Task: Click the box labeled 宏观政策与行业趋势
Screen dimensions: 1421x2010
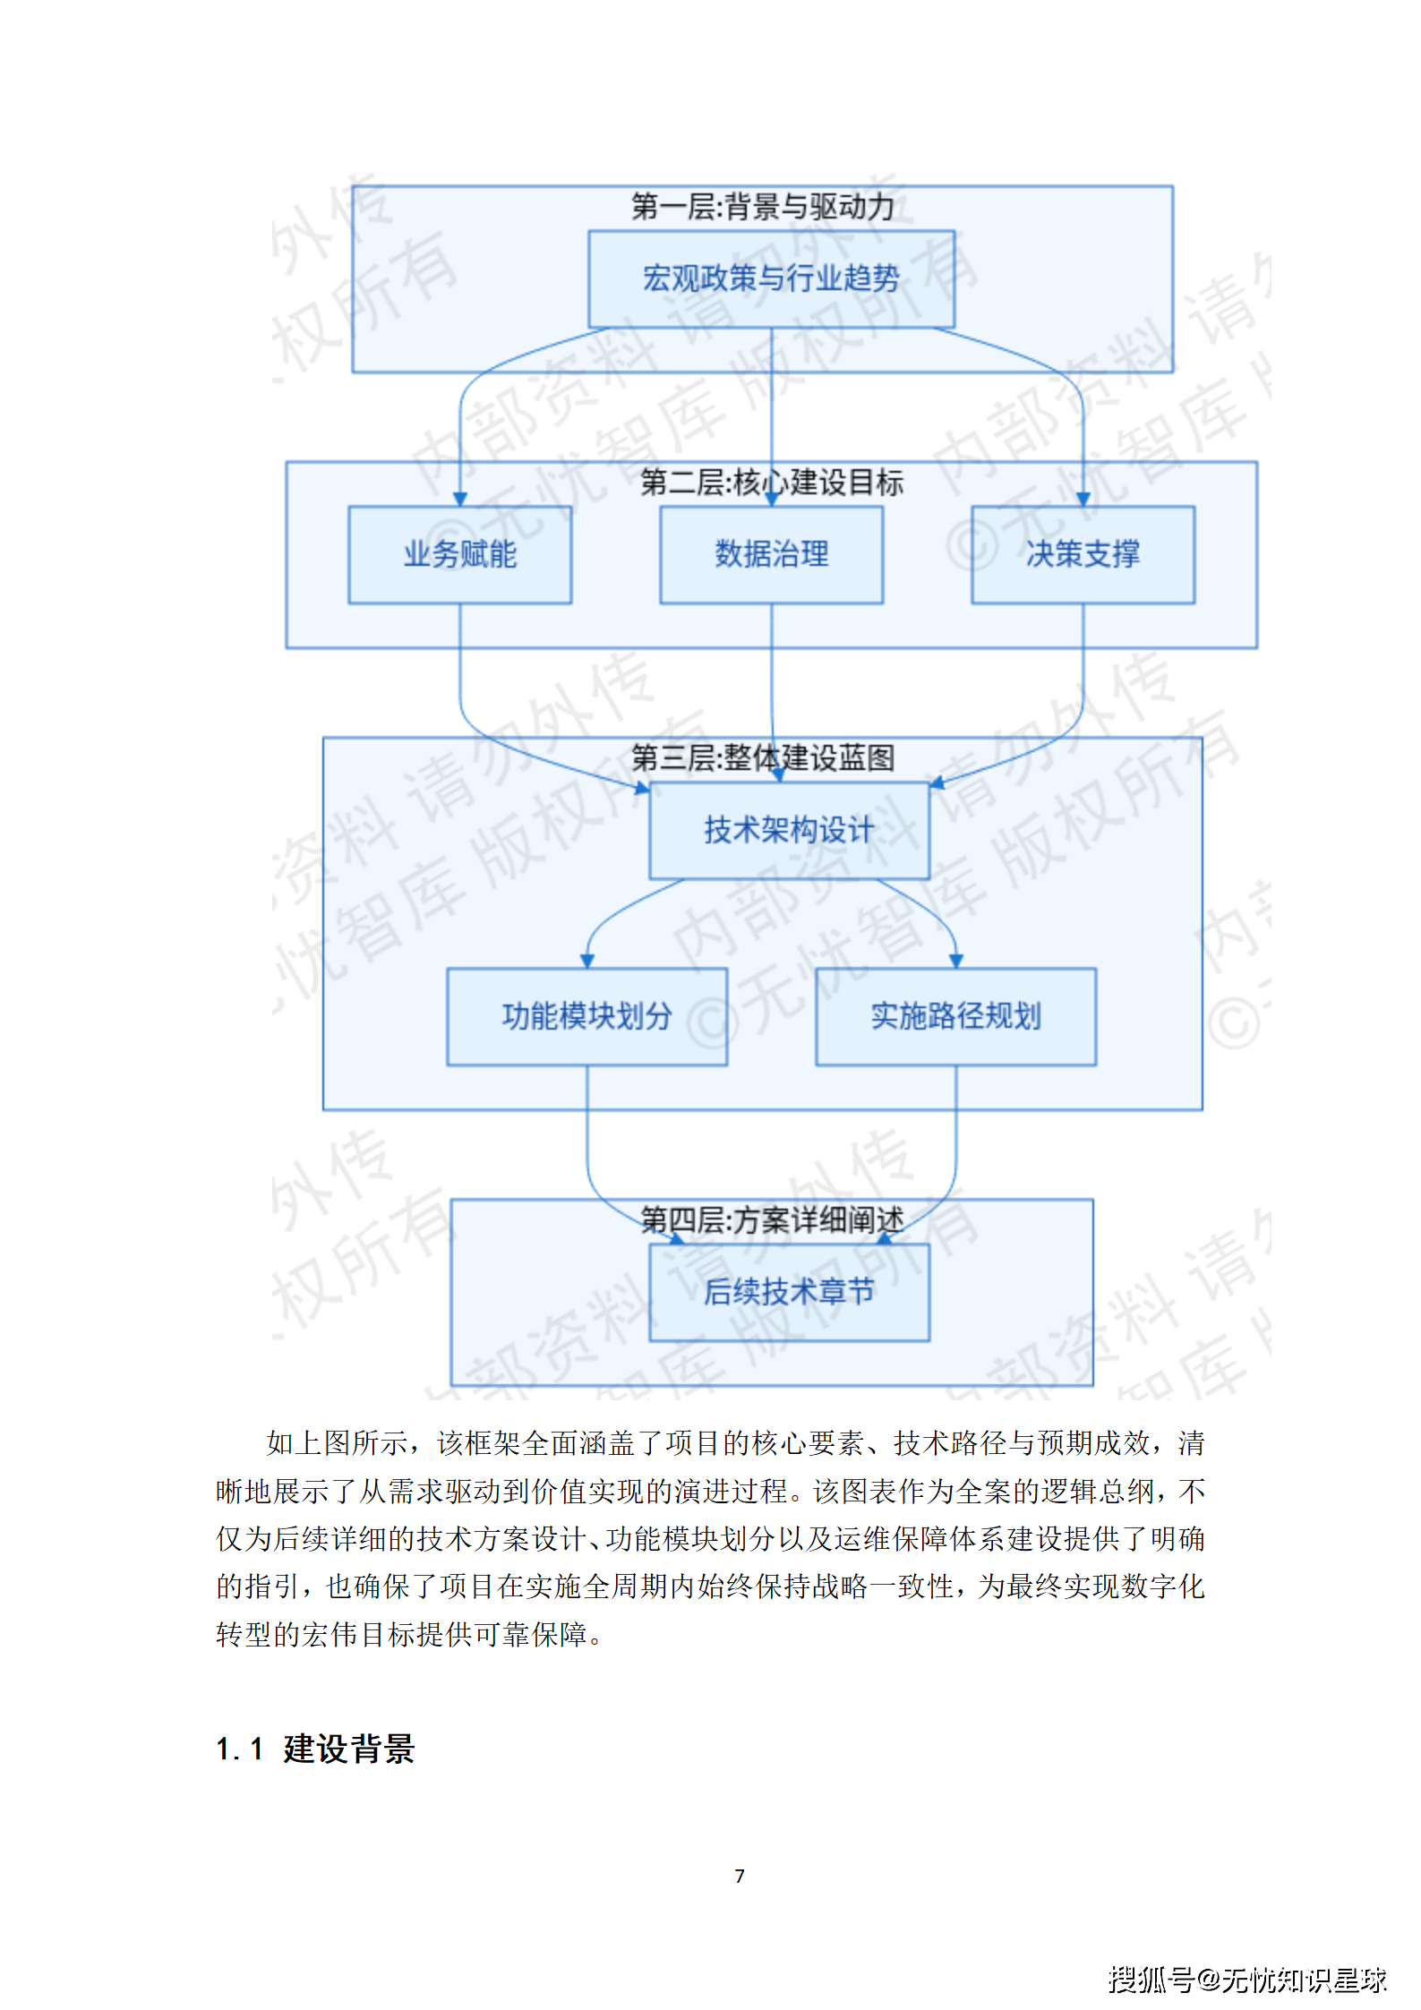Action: [771, 278]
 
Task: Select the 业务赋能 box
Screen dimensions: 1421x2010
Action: [459, 554]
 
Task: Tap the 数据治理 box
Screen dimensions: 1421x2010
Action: [771, 554]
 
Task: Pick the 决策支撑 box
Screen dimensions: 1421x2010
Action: [1083, 554]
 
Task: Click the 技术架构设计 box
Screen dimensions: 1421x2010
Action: [789, 830]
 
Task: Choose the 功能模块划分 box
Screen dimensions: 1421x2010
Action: [586, 1016]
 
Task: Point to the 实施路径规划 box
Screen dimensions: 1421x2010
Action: [955, 1016]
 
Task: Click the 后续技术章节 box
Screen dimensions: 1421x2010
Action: [789, 1292]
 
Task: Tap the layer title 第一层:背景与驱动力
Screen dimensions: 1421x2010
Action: [763, 207]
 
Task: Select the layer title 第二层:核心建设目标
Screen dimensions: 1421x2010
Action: [772, 483]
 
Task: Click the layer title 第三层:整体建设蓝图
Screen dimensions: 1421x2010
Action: [763, 758]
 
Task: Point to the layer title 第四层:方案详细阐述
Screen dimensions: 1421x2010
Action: [772, 1219]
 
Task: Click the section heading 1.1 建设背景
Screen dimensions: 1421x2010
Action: [315, 1749]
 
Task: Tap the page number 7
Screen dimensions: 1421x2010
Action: [740, 1876]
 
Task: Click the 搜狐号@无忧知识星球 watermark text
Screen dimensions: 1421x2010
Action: [1246, 1980]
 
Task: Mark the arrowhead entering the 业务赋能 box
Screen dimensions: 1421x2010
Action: [460, 500]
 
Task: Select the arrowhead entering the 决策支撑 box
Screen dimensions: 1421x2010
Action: [1083, 500]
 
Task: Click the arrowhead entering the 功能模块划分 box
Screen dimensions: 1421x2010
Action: [587, 961]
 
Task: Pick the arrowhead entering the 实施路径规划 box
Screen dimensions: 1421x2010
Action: [956, 961]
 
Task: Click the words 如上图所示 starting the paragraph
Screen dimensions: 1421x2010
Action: [337, 1443]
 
